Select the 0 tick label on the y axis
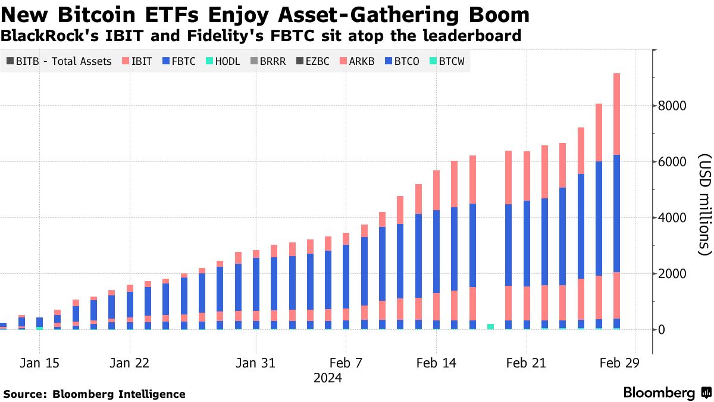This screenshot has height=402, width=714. point(661,330)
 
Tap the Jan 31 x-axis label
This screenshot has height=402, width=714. point(255,363)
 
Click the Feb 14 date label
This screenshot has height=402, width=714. point(436,363)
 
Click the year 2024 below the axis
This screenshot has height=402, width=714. point(327,378)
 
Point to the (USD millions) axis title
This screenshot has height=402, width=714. point(704,205)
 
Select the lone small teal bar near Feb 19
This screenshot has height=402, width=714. point(490,326)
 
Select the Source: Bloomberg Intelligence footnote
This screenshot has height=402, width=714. point(95,394)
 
